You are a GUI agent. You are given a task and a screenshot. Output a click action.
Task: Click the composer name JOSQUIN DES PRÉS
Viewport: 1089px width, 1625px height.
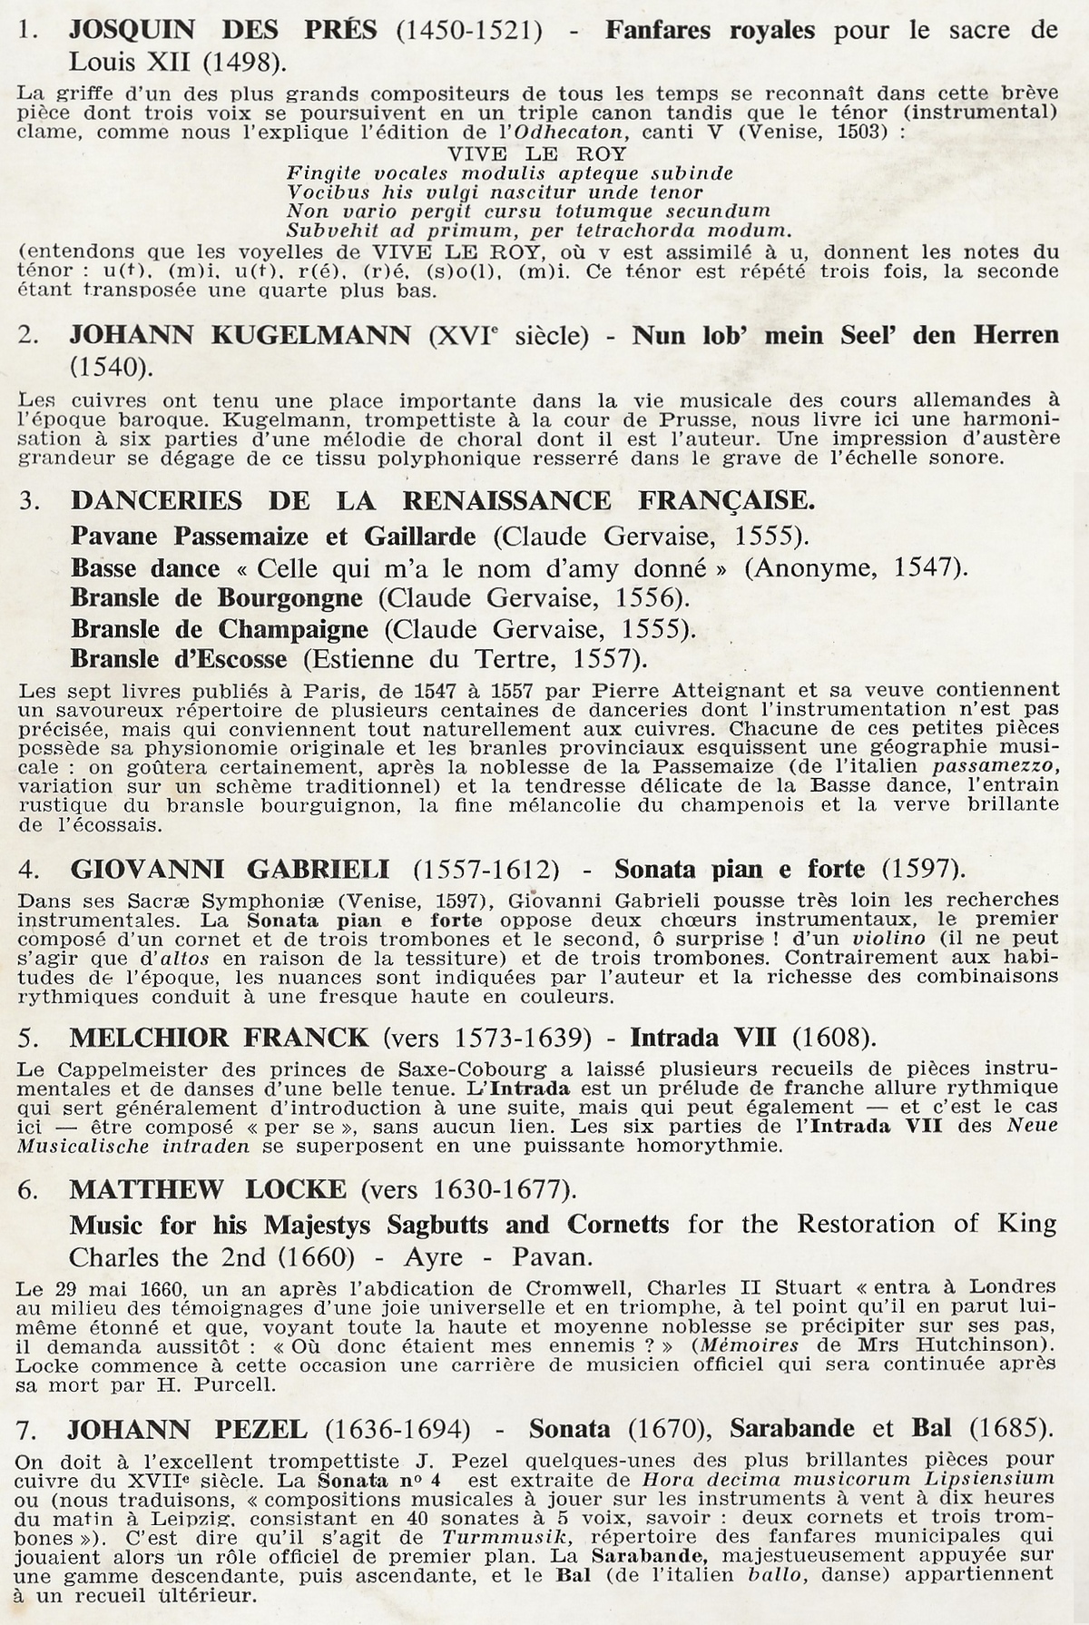[222, 31]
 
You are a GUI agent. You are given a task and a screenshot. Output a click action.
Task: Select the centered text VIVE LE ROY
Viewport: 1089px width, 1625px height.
[537, 153]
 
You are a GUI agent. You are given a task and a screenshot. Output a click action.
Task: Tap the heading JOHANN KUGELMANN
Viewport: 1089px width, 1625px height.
[240, 335]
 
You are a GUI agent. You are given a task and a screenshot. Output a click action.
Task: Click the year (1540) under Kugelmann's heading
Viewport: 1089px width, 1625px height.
[110, 367]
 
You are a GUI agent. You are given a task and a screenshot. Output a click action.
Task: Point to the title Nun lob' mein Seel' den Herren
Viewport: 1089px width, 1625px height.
[845, 335]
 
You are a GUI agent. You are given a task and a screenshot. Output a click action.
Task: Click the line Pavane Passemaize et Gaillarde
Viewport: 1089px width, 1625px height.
[273, 536]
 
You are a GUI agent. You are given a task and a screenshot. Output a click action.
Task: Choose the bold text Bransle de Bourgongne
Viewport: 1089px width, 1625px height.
[217, 598]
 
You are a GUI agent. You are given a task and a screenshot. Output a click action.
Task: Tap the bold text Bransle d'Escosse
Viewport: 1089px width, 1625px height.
[179, 658]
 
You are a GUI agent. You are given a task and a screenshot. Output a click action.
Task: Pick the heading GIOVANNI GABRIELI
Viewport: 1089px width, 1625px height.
[230, 869]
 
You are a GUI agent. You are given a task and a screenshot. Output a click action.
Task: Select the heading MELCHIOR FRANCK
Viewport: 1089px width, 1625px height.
[219, 1038]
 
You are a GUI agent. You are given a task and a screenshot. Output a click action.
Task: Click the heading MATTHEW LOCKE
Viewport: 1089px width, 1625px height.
[208, 1188]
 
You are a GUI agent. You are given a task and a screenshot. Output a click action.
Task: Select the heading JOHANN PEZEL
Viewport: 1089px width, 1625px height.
[187, 1429]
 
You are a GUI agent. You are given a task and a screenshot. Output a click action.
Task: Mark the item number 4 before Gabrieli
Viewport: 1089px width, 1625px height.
[28, 870]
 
